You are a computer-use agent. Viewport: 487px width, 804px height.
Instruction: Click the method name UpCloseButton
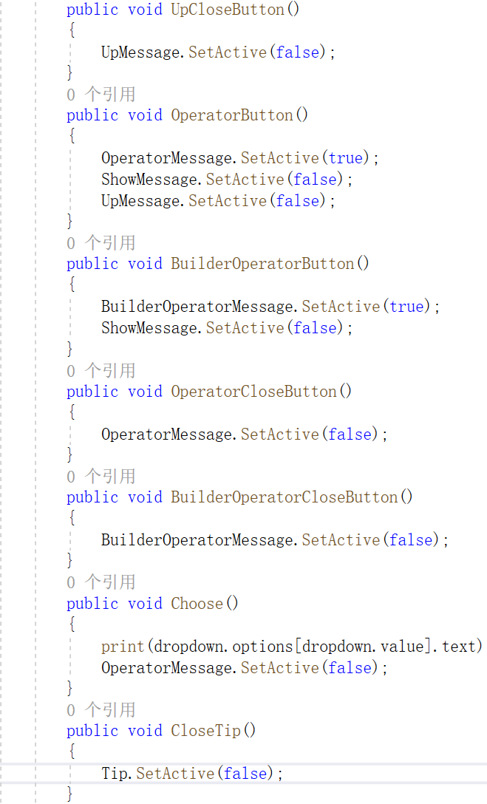pos(228,10)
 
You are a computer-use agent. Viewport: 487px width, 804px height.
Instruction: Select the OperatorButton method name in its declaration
pos(232,115)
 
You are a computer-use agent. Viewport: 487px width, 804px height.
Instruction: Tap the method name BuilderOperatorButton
pos(262,264)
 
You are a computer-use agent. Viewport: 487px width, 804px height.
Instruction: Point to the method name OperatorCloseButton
pos(254,392)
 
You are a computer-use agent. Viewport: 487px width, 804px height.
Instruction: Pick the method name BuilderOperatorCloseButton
pos(285,497)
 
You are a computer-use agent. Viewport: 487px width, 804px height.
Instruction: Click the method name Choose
pos(197,604)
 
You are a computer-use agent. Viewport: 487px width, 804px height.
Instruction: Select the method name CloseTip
pos(206,731)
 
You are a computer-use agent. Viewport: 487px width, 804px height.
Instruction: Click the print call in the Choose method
pos(123,647)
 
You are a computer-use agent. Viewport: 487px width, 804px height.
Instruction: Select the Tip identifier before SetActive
pos(115,774)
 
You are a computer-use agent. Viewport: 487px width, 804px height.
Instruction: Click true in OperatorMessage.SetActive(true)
pos(346,158)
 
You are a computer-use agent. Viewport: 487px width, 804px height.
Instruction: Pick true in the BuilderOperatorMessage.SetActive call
pos(406,307)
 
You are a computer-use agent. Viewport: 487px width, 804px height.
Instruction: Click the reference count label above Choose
pos(101,582)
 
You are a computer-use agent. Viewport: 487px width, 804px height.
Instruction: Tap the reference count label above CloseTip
pos(101,710)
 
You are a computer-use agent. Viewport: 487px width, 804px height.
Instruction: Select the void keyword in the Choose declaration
pos(145,604)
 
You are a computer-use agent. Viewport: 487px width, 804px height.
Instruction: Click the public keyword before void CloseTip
pos(92,731)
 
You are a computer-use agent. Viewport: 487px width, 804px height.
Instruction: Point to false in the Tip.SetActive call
pos(245,774)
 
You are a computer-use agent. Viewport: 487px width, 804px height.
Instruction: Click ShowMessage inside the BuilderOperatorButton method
pos(149,327)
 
